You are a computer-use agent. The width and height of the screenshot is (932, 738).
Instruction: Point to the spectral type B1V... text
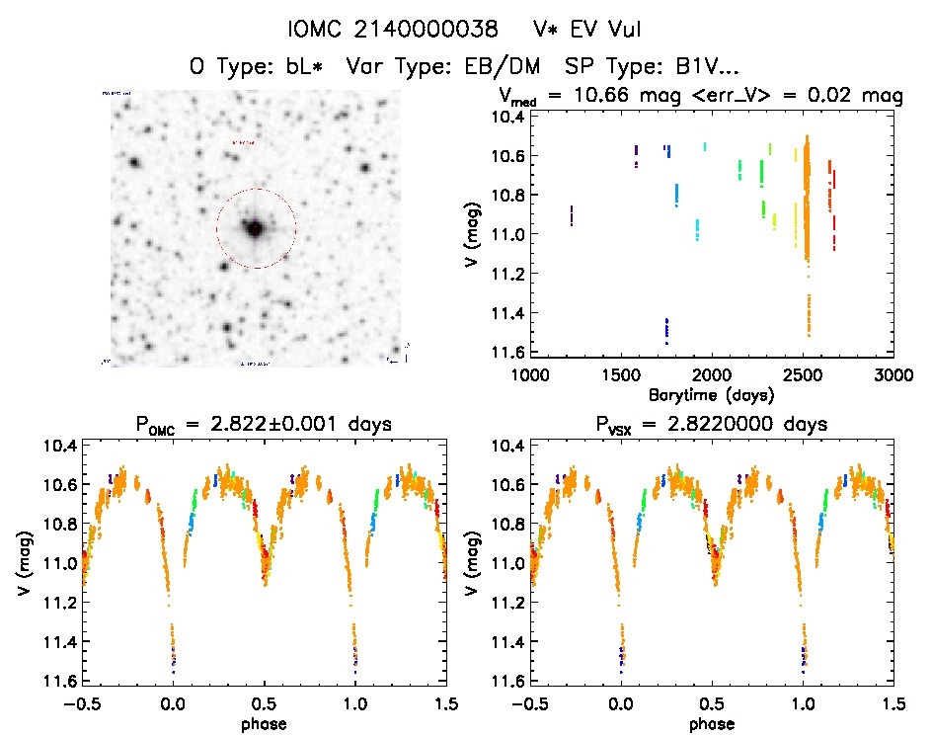point(696,67)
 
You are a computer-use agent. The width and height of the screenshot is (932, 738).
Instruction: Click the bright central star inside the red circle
point(255,228)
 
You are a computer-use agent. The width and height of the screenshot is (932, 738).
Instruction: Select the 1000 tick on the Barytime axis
point(529,374)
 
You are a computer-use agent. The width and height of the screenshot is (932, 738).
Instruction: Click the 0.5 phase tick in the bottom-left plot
point(264,702)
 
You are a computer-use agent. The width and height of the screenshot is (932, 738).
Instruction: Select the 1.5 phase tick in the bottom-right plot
point(893,702)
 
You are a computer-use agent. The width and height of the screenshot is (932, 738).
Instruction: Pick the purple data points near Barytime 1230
point(571,215)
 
